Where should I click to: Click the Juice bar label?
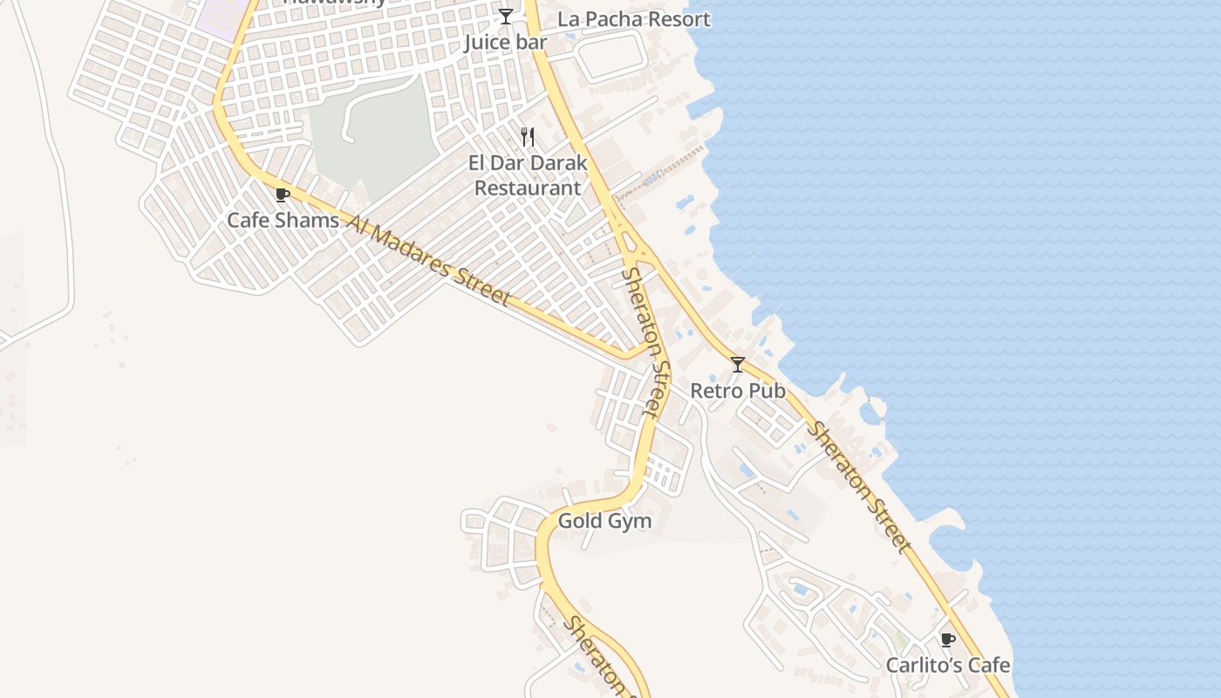[506, 42]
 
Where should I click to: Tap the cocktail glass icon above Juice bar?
[506, 17]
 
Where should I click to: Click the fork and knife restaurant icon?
[528, 136]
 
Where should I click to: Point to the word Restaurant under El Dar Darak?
[527, 188]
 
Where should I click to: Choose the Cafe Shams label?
[283, 220]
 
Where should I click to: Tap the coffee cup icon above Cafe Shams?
[282, 195]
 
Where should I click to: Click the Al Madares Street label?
[427, 259]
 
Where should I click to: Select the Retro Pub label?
[738, 391]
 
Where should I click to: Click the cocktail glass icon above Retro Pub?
[738, 365]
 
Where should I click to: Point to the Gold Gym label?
[604, 522]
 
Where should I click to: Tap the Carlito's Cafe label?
[948, 665]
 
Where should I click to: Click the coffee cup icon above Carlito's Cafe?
[948, 640]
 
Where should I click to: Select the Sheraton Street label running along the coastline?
[860, 487]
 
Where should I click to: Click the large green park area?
[375, 131]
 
